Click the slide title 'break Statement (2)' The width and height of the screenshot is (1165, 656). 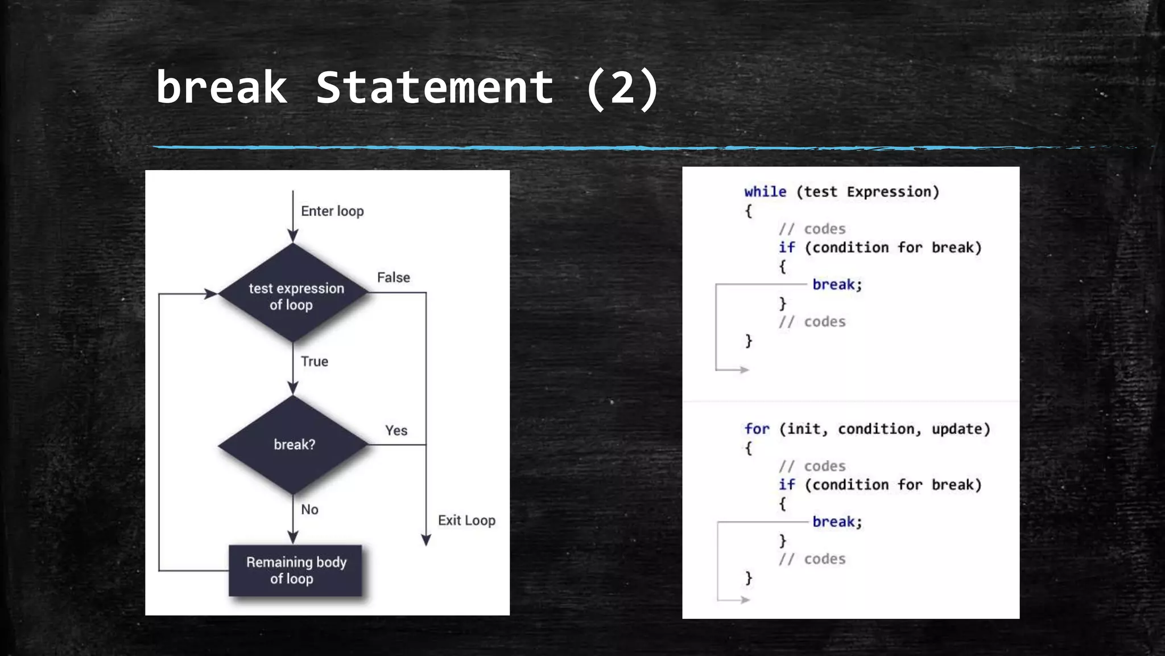(x=407, y=88)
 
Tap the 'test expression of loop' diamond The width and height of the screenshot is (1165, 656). (x=294, y=294)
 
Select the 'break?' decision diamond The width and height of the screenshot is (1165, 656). (x=294, y=445)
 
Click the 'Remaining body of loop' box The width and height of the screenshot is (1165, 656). (x=295, y=571)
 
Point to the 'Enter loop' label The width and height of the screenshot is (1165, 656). (x=332, y=211)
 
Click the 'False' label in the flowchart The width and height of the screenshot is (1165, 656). (x=393, y=278)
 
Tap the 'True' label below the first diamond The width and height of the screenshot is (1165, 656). (x=314, y=362)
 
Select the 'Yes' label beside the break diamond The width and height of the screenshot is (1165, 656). (x=396, y=430)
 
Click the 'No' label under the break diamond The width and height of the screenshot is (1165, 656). (x=309, y=510)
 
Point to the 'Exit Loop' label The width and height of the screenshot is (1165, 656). (x=466, y=520)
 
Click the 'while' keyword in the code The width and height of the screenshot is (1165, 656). (x=765, y=192)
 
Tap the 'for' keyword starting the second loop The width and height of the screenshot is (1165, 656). (x=757, y=429)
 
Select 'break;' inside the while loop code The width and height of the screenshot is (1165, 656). (x=837, y=285)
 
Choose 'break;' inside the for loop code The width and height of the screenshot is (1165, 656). (x=837, y=522)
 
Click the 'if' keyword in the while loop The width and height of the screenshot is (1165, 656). (x=787, y=248)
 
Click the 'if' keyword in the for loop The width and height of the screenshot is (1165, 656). (x=787, y=485)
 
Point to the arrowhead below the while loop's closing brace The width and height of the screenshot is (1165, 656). (x=744, y=370)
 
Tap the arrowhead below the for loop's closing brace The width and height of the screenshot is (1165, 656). (x=745, y=600)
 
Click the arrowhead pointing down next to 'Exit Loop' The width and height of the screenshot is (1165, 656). (x=426, y=540)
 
